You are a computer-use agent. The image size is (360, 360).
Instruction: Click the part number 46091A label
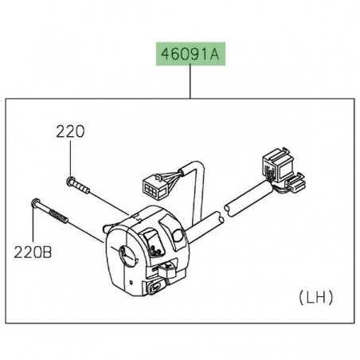click(x=190, y=57)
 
